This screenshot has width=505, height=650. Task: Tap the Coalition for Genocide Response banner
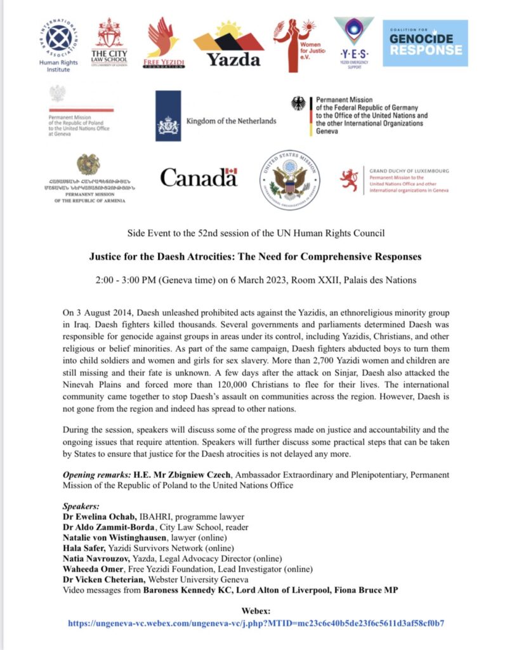click(x=424, y=43)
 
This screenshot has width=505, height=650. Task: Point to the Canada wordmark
click(x=199, y=177)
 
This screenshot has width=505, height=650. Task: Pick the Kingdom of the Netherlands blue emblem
click(x=168, y=116)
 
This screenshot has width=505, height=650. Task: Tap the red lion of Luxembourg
click(x=349, y=180)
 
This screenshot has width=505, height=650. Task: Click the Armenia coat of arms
click(x=88, y=164)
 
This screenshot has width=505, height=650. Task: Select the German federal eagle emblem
click(x=298, y=103)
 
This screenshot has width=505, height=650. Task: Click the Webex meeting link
click(x=256, y=623)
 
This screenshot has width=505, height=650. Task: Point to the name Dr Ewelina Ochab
click(x=93, y=516)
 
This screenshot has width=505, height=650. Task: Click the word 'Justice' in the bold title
click(x=105, y=257)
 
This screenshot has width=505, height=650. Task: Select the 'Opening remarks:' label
click(x=96, y=474)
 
